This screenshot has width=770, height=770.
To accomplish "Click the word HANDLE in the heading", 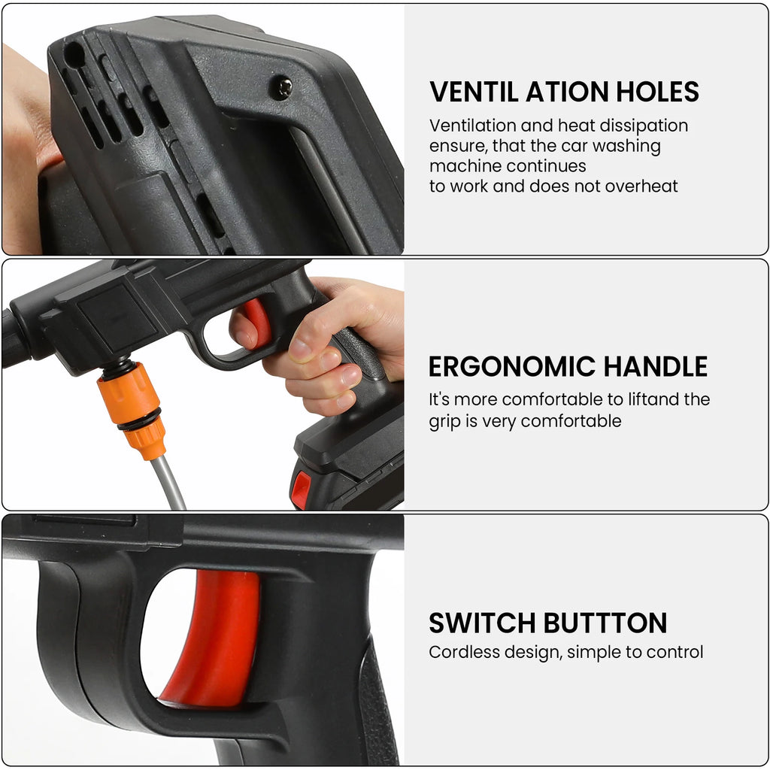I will (655, 367).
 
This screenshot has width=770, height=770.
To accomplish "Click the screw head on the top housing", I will (281, 88).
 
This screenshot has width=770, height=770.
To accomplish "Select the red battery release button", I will (301, 490).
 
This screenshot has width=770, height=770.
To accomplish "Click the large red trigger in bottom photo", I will (214, 639).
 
